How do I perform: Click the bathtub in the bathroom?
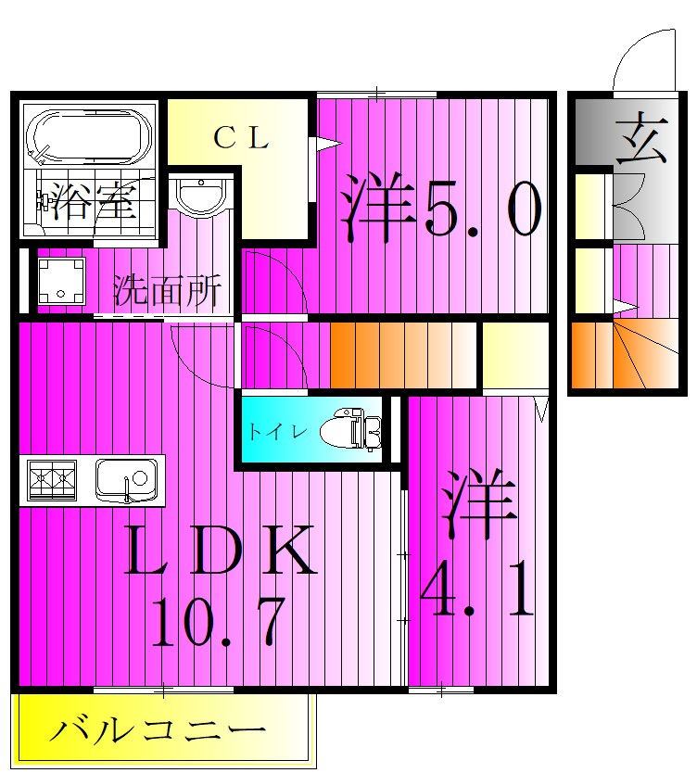89,138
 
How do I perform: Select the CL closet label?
242,139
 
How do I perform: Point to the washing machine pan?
61,281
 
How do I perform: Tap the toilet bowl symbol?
351,430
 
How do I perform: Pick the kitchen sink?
125,480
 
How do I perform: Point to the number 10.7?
218,624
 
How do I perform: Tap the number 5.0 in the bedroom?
482,212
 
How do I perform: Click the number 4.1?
477,593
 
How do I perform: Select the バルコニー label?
157,732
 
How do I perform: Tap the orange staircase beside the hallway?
403,353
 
